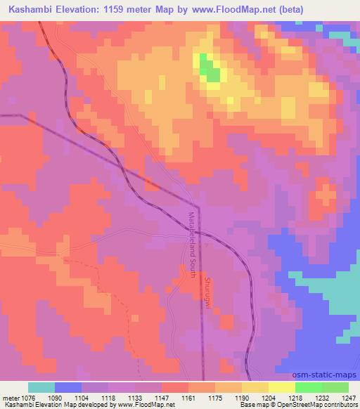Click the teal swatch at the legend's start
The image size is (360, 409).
pyautogui.click(x=41, y=387)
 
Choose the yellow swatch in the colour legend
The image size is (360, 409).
pyautogui.click(x=282, y=387)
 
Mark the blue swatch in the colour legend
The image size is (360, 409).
pyautogui.click(x=68, y=387)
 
